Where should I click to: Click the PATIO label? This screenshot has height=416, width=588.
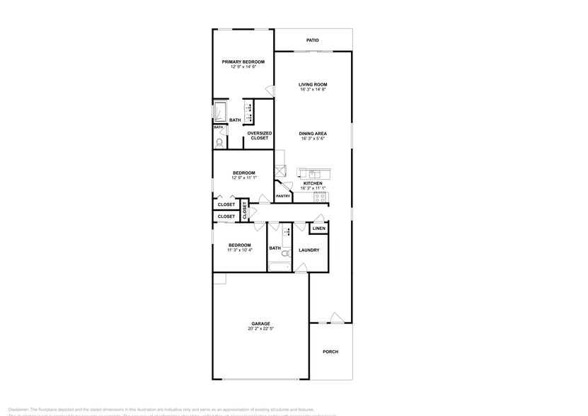click(312, 40)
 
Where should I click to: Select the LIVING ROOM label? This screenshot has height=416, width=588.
click(312, 85)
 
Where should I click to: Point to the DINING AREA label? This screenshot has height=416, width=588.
click(312, 133)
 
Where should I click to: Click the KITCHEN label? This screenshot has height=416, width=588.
click(312, 183)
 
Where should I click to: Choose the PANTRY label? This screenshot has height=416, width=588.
click(283, 196)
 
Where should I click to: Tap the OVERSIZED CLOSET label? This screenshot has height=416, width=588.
click(259, 135)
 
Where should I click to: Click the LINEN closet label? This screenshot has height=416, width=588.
click(319, 229)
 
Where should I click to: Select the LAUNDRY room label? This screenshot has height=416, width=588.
click(309, 250)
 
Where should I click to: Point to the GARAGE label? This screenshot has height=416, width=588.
click(260, 323)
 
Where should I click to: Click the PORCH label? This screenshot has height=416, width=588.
click(330, 352)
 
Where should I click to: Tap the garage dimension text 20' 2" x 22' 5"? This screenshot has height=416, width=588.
click(260, 329)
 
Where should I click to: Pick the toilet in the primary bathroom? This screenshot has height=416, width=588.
click(219, 142)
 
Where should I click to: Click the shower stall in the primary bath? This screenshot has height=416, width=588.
click(220, 112)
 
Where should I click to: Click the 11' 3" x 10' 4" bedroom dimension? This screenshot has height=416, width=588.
click(239, 250)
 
